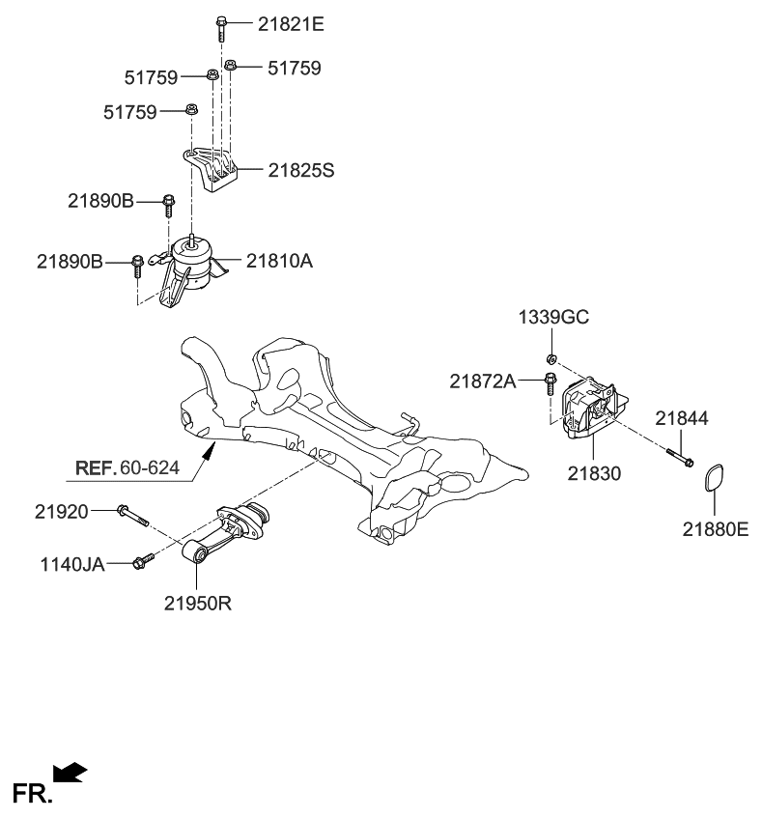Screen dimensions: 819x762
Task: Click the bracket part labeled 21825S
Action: point(212,171)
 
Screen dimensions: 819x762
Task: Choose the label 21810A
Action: point(278,261)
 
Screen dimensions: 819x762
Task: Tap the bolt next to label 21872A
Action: point(550,384)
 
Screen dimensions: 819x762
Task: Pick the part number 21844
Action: point(682,418)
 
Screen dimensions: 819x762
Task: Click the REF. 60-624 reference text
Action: point(127,468)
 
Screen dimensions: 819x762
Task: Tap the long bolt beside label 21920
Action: point(132,516)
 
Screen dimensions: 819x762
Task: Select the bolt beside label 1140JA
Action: point(143,560)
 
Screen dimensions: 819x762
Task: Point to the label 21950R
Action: point(197,605)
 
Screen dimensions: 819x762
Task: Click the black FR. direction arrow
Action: point(70,773)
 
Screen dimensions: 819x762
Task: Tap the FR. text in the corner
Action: point(32,794)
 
